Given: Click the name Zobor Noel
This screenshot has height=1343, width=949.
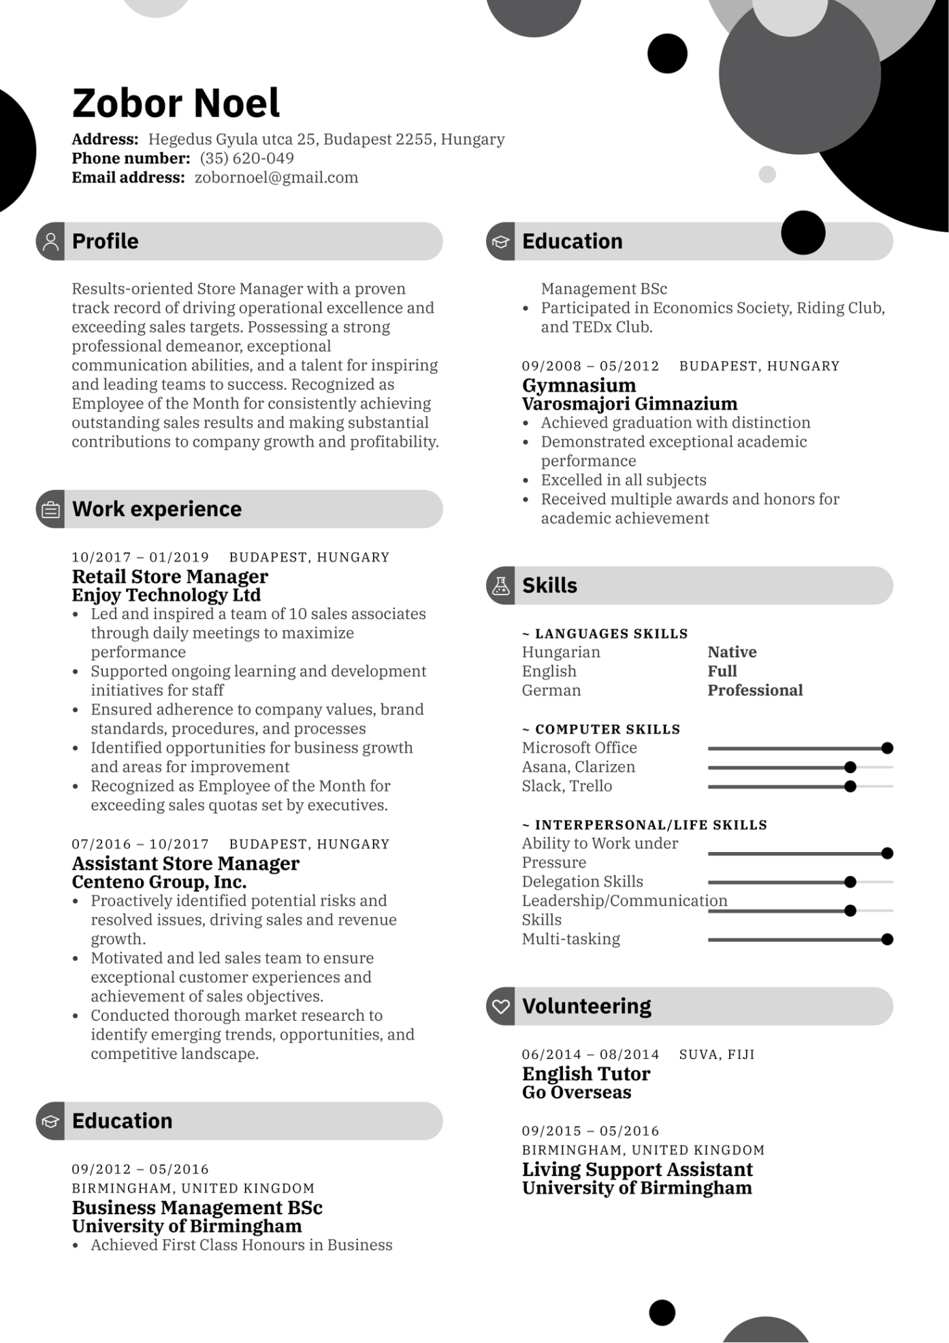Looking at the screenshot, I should point(176,103).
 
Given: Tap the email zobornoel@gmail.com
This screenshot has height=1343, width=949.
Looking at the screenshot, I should point(276,178).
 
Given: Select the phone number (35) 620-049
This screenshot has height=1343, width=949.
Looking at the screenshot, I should point(246,159).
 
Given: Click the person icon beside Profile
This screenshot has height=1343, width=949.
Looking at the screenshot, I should point(50,241).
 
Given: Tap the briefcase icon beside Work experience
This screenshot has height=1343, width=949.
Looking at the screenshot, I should point(50,509).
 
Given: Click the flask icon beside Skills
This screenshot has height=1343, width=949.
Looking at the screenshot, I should point(501,586).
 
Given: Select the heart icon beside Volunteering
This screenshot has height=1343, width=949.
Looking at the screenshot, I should point(501,1007).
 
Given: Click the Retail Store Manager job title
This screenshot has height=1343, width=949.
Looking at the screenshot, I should point(170,577).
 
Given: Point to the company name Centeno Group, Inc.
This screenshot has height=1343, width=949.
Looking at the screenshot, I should point(159,882).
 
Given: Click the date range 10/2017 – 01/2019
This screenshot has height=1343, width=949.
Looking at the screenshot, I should point(140,558).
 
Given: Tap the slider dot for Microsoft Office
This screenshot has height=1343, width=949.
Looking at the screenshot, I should point(886,748).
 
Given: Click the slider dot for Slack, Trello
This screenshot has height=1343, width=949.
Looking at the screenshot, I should point(850,787).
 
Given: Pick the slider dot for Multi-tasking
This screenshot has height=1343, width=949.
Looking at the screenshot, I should point(886,940).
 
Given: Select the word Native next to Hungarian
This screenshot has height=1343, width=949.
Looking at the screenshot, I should point(732,652).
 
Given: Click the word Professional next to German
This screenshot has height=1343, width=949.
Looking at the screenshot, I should point(755,691).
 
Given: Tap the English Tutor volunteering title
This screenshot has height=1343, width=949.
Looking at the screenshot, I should point(585,1074).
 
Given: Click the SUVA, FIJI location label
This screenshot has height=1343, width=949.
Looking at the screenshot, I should point(717,1055).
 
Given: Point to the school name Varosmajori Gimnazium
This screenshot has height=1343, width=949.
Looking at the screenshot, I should point(629,404).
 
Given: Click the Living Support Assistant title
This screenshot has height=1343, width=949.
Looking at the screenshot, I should point(637,1169).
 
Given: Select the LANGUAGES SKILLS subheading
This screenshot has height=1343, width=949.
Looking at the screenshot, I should point(611,634).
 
